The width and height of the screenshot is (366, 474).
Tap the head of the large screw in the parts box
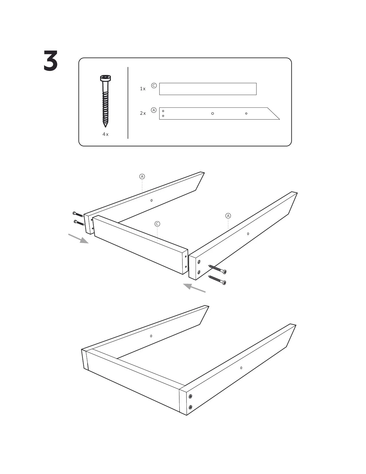click(105, 78)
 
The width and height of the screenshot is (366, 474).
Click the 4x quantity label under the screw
click(105, 134)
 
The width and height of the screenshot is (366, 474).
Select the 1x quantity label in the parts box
click(143, 88)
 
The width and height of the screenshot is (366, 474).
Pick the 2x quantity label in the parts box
click(143, 113)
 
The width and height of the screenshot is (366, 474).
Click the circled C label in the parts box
click(154, 86)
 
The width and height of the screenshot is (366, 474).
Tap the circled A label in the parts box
click(154, 110)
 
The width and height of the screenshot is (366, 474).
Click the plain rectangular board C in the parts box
click(208, 89)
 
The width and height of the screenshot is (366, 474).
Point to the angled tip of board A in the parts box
click(279, 119)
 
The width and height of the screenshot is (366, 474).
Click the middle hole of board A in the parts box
click(213, 113)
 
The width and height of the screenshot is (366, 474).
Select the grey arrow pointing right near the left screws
click(78, 238)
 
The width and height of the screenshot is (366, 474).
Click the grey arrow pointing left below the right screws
click(194, 288)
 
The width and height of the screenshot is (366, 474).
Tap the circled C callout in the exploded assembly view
click(157, 224)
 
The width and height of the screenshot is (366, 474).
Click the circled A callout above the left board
click(142, 176)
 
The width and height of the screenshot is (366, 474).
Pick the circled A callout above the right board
click(228, 216)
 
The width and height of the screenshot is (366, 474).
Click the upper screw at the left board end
click(78, 214)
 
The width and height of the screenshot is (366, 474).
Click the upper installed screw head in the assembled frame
click(190, 396)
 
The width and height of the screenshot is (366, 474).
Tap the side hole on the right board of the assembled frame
click(241, 368)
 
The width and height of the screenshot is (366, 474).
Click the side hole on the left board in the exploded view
click(151, 200)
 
